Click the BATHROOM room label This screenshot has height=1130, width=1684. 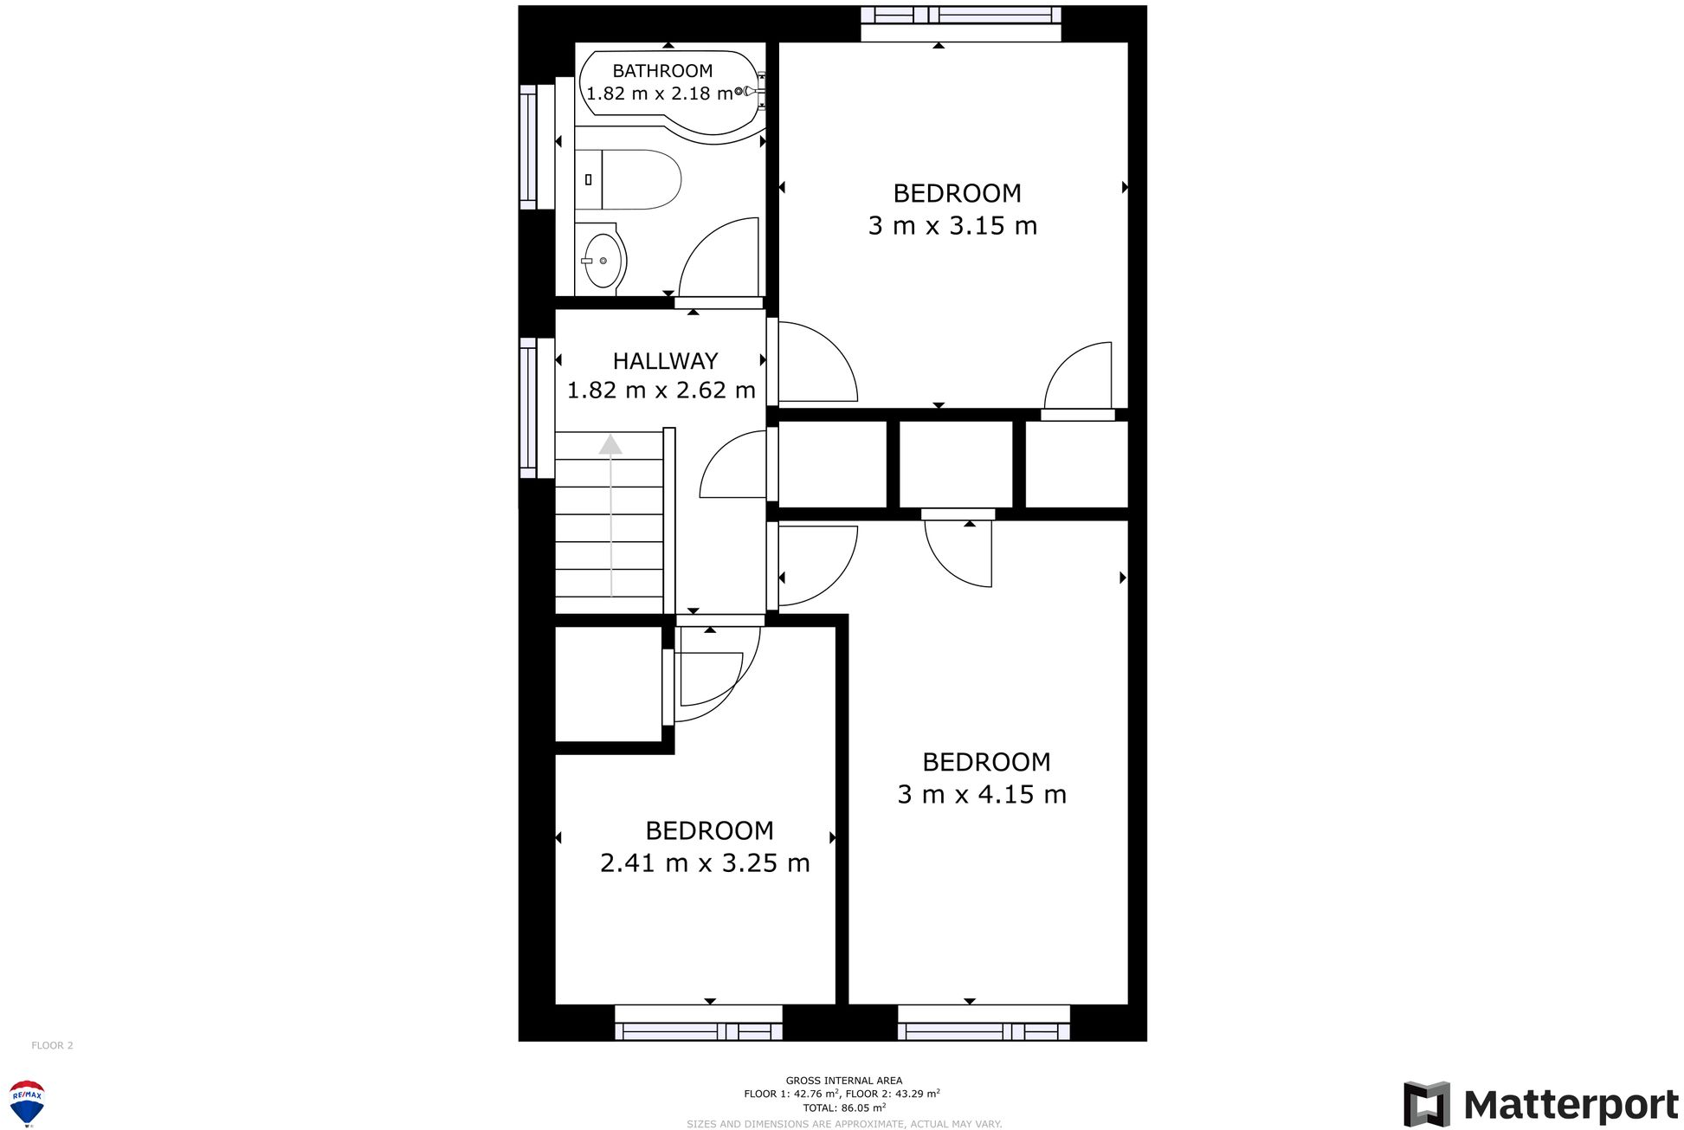[x=662, y=71]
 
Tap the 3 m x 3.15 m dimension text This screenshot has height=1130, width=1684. [x=952, y=226]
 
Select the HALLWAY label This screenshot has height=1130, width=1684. [x=665, y=361]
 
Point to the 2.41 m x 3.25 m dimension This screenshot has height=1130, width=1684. [x=705, y=863]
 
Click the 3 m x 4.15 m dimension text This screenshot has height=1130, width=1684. [x=982, y=794]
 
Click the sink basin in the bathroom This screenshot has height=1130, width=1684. [x=603, y=260]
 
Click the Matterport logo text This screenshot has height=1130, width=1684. [x=1570, y=1106]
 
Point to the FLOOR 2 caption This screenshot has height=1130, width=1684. [x=52, y=1045]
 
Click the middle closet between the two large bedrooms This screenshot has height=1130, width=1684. [x=955, y=464]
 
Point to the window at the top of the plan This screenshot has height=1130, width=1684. [x=960, y=16]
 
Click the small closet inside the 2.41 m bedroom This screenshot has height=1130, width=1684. [x=609, y=684]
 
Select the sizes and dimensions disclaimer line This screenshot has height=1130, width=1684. [x=843, y=1124]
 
